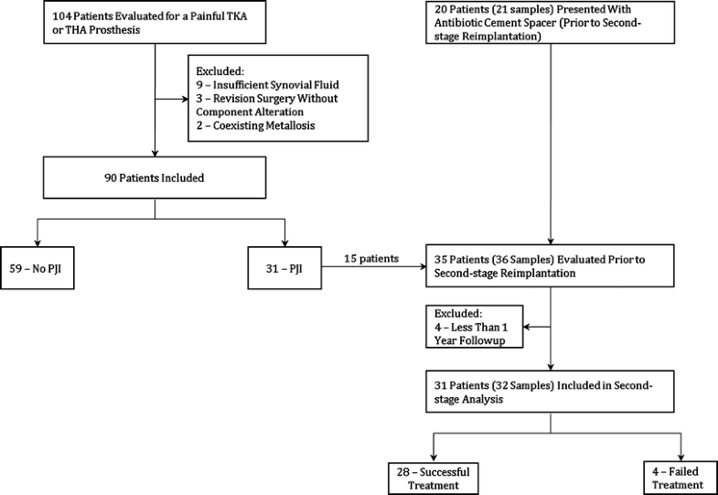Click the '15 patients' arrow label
pos(370,259)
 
